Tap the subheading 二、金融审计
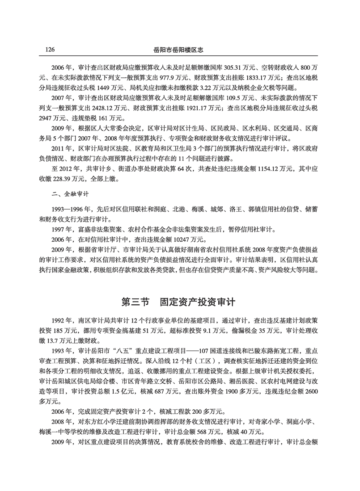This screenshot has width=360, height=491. click(x=67, y=195)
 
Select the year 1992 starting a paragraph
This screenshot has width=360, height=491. click(x=59, y=320)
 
